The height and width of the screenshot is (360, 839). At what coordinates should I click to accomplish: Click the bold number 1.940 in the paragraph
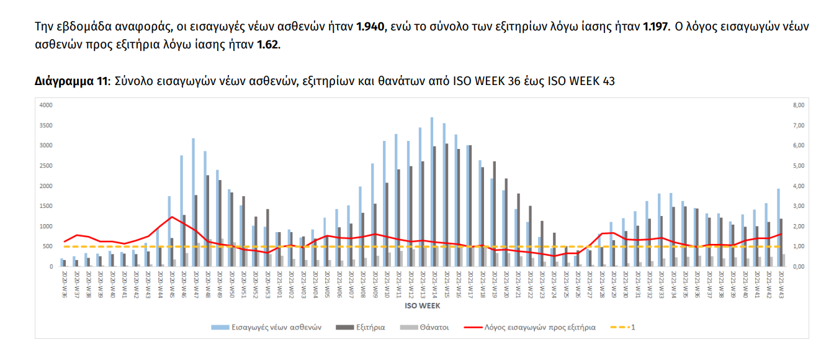pos(371,27)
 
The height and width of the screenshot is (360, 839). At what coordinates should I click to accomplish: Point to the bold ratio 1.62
pos(268,45)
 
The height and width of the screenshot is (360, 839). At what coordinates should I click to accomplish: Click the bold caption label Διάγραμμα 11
pos(71,81)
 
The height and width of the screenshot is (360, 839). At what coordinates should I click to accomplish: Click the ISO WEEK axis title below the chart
pos(422,305)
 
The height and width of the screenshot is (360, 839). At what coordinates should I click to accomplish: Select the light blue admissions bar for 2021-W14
pos(432,192)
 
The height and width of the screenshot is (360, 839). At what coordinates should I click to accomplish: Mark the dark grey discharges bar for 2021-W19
pos(495,214)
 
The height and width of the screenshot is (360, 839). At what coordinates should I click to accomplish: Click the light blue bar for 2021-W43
pos(778,228)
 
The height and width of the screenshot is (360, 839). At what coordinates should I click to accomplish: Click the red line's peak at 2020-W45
pos(171,217)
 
